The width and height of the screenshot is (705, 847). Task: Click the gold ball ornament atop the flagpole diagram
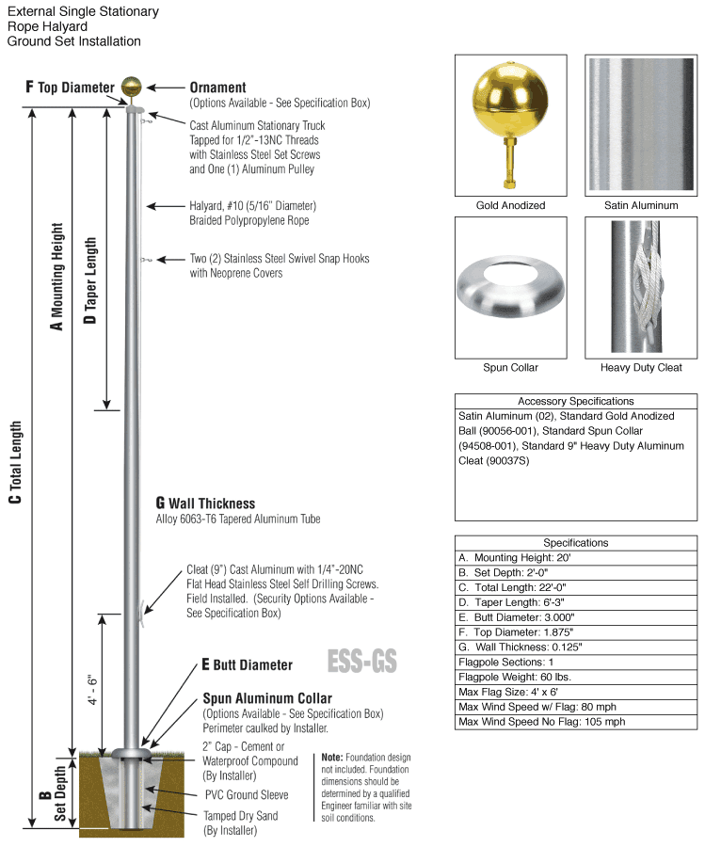[133, 88]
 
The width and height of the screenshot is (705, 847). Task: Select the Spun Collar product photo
[510, 287]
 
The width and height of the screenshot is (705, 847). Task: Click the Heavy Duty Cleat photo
[640, 287]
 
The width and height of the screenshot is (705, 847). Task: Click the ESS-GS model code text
[361, 662]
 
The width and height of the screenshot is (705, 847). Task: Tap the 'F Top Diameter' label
[69, 88]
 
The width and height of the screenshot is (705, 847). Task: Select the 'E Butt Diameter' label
[247, 665]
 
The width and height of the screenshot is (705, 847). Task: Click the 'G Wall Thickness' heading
[205, 503]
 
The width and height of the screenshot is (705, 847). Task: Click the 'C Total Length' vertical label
[14, 461]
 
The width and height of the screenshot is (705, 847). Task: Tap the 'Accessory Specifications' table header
[576, 401]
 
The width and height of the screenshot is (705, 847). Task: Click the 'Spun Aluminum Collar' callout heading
[267, 698]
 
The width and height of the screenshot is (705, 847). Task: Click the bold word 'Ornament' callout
[217, 88]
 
